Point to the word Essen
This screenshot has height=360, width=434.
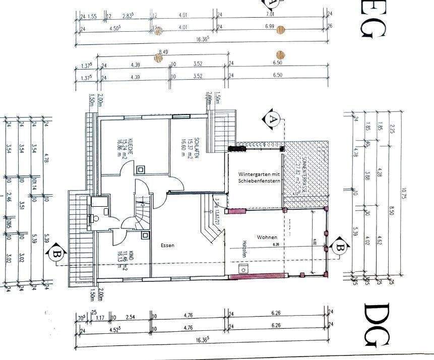[x=167, y=246]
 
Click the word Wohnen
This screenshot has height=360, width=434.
[x=267, y=236]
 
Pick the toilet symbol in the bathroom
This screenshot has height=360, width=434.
[x=95, y=218]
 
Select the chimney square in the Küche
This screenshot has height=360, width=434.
[x=141, y=169]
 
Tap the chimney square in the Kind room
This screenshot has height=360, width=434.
[x=146, y=235]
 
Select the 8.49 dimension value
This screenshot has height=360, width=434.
[x=163, y=51]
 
